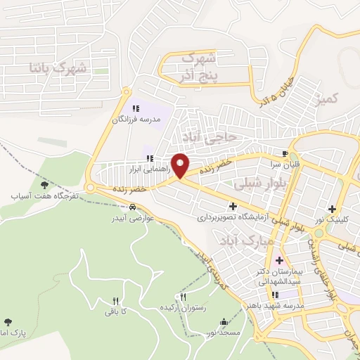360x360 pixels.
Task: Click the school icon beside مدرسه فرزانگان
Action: (136, 108)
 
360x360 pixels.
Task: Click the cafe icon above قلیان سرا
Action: (285, 153)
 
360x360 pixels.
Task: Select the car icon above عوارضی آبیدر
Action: (132, 207)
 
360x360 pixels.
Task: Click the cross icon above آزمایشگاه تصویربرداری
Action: (233, 206)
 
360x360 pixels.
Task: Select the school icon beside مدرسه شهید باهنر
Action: (276, 295)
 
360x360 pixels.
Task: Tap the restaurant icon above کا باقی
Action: (115, 300)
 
